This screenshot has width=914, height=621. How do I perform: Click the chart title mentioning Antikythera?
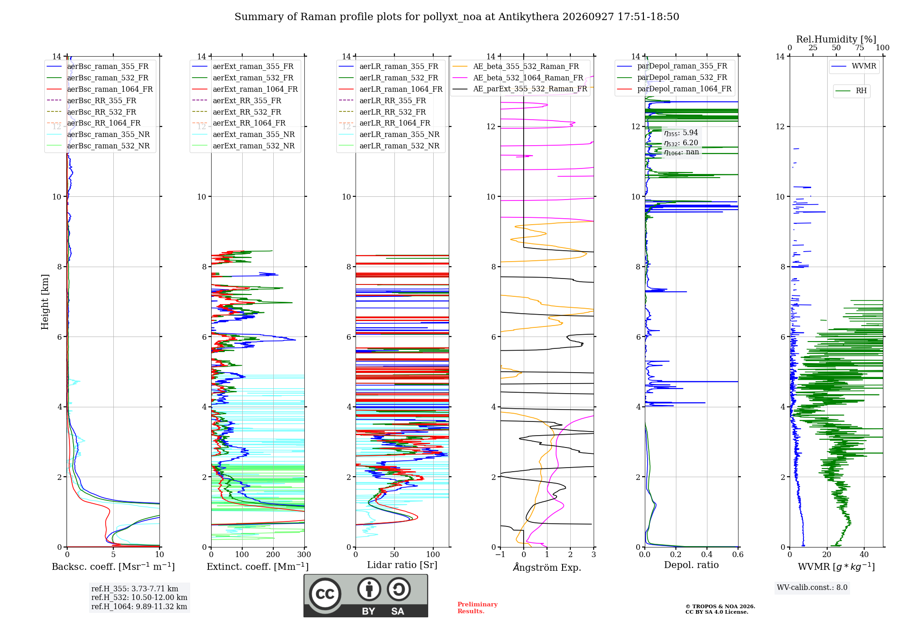pyautogui.click(x=457, y=17)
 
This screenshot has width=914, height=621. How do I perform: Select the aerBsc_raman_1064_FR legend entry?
pyautogui.click(x=100, y=89)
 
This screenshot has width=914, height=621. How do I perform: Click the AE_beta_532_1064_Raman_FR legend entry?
pyautogui.click(x=518, y=78)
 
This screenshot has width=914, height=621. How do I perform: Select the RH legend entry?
pyautogui.click(x=851, y=91)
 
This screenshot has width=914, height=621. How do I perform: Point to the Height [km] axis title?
pyautogui.click(x=45, y=302)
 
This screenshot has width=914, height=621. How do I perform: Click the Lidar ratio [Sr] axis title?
pyautogui.click(x=402, y=565)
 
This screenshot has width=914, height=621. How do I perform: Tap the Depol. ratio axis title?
pyautogui.click(x=691, y=565)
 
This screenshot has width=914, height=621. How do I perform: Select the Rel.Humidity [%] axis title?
pyautogui.click(x=836, y=39)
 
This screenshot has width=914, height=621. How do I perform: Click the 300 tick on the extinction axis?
pyautogui.click(x=304, y=554)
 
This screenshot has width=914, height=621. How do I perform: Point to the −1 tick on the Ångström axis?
pyautogui.click(x=500, y=554)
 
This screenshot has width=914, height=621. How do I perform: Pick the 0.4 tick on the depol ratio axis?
pyautogui.click(x=707, y=554)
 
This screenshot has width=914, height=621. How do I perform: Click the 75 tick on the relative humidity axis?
pyautogui.click(x=860, y=47)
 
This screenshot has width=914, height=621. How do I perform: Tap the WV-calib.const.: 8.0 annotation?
pyautogui.click(x=812, y=588)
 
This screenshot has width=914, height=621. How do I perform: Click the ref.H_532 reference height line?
pyautogui.click(x=139, y=597)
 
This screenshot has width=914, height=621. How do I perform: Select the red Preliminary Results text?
pyautogui.click(x=478, y=608)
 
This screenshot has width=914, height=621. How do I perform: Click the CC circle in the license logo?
pyautogui.click(x=325, y=594)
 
